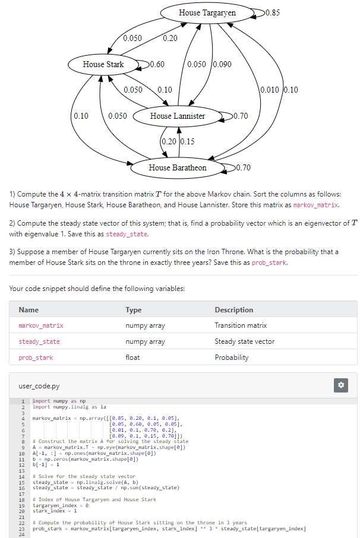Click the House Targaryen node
pyautogui.click(x=207, y=12)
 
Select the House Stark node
pyautogui.click(x=103, y=64)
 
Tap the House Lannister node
pyautogui.click(x=177, y=116)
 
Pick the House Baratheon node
pyautogui.click(x=177, y=167)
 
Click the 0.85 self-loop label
pyautogui.click(x=273, y=12)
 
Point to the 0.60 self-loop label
pyautogui.click(x=157, y=64)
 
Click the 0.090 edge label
pyautogui.click(x=222, y=64)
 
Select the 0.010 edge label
pyautogui.click(x=270, y=90)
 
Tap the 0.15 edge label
pyautogui.click(x=187, y=141)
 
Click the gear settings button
pyautogui.click(x=341, y=385)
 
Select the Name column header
pyautogui.click(x=29, y=310)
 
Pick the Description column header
pyautogui.click(x=233, y=310)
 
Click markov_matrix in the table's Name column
pyautogui.click(x=41, y=325)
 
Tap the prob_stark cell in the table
pyautogui.click(x=36, y=357)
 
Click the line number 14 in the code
pyautogui.click(x=21, y=477)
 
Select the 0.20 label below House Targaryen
pyautogui.click(x=170, y=38)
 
